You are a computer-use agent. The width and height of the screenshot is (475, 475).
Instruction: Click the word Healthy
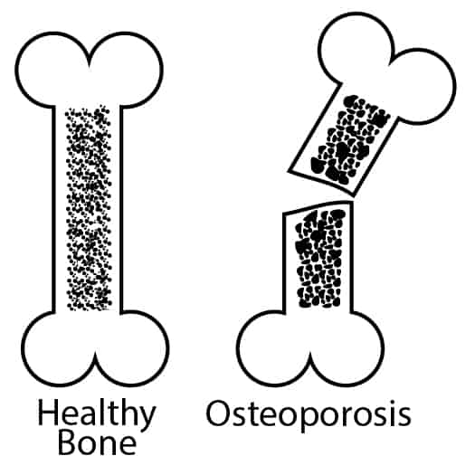pyautogui.click(x=97, y=414)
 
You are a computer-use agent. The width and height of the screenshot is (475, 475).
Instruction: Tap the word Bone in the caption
pyautogui.click(x=97, y=443)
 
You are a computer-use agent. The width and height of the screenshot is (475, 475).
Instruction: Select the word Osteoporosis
pyautogui.click(x=309, y=414)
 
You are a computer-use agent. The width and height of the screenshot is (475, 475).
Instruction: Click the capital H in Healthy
pyautogui.click(x=48, y=412)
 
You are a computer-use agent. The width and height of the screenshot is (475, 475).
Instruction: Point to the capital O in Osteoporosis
pyautogui.click(x=219, y=413)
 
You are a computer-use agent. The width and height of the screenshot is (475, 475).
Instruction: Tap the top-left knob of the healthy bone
pyautogui.click(x=52, y=70)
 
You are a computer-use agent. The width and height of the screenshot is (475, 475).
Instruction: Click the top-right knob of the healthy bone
pyautogui.click(x=127, y=70)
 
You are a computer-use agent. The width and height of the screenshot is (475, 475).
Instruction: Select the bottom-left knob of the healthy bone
pyautogui.click(x=59, y=348)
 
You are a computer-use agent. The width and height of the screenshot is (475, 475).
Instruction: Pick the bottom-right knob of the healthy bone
pyautogui.click(x=132, y=348)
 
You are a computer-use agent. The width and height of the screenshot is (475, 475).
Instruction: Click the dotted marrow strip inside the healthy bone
pyautogui.click(x=89, y=208)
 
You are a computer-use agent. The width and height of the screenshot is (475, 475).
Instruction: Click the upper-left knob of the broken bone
pyautogui.click(x=356, y=49)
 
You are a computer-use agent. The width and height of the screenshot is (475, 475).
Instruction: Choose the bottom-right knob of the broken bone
pyautogui.click(x=347, y=348)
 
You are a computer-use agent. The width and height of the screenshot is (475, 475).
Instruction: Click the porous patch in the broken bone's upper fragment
pyautogui.click(x=349, y=140)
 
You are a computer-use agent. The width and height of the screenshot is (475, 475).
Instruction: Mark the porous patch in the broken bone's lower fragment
pyautogui.click(x=320, y=258)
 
